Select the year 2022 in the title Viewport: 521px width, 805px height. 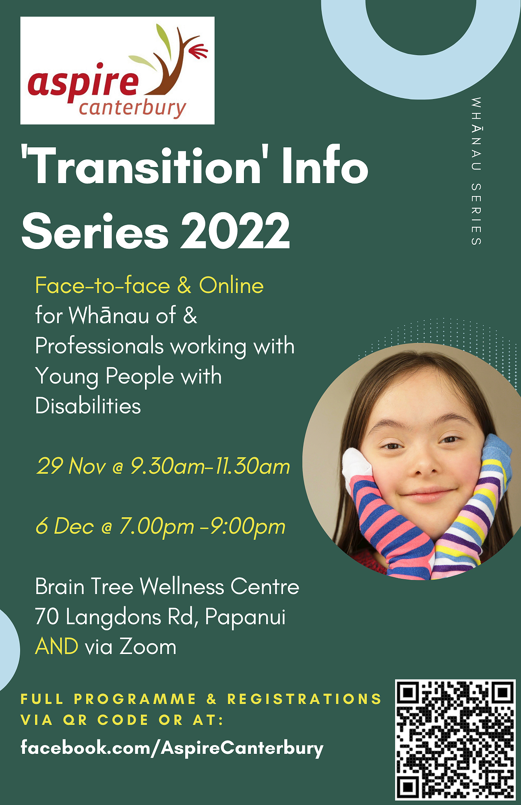(236, 232)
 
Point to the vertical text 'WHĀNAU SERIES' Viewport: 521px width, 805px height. (476, 171)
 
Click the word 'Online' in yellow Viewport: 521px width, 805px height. (232, 286)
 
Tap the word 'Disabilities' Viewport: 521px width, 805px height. (88, 406)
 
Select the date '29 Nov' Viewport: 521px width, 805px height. (71, 466)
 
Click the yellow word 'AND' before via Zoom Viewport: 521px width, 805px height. (56, 647)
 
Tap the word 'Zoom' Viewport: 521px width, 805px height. (148, 647)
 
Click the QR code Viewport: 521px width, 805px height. (455, 739)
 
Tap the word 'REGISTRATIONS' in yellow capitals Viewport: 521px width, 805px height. (304, 699)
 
